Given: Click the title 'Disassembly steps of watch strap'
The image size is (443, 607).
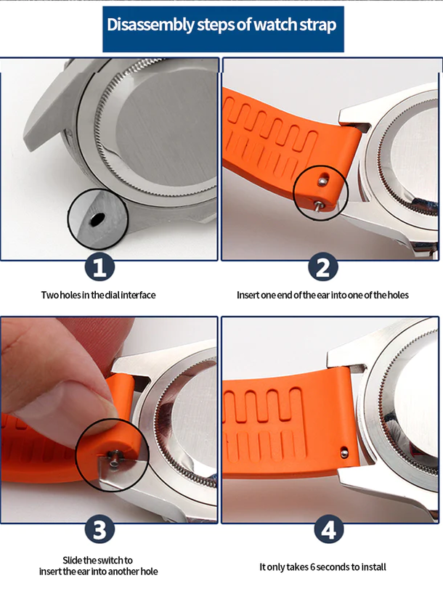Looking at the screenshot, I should point(221,25).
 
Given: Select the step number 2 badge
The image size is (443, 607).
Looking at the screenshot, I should point(322,266).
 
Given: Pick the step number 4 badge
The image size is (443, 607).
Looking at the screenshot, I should point(329,529).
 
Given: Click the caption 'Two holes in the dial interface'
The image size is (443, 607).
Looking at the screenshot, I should point(98,295).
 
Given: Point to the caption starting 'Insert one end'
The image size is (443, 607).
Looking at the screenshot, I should point(322,295).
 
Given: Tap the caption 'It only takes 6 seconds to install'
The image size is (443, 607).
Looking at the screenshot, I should point(322,566).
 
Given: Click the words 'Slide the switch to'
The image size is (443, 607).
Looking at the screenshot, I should point(98,561).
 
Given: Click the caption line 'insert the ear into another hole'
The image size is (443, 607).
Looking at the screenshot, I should point(98,571).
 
